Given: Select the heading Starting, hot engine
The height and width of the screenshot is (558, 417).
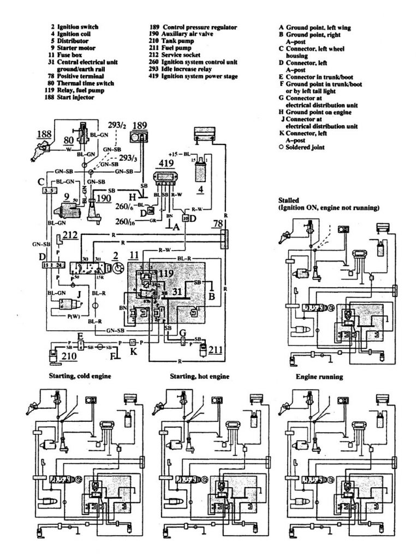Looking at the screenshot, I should click(199, 377).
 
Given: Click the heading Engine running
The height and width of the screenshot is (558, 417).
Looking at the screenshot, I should click(319, 377).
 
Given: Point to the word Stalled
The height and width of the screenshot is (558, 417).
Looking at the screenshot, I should click(290, 201).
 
